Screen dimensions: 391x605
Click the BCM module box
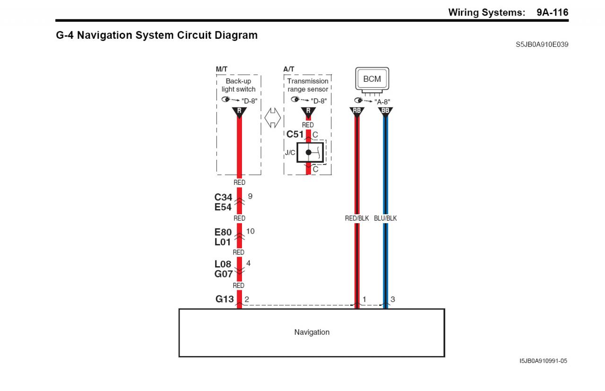pyautogui.click(x=372, y=79)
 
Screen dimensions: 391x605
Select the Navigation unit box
pyautogui.click(x=311, y=332)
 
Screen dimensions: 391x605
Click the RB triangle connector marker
pyautogui.click(x=357, y=112)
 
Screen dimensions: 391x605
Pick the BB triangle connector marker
pyautogui.click(x=385, y=112)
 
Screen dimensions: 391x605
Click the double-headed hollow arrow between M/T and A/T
pyautogui.click(x=272, y=118)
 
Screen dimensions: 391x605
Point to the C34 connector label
pyautogui.click(x=223, y=197)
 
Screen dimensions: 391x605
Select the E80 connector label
pyautogui.click(x=223, y=232)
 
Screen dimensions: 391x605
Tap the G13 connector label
pyautogui.click(x=225, y=299)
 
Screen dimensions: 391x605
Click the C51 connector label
pyautogui.click(x=295, y=134)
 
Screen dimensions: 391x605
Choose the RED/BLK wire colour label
pyautogui.click(x=357, y=218)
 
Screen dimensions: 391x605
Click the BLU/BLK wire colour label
pyautogui.click(x=385, y=218)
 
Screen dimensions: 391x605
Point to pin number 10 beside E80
pyautogui.click(x=250, y=231)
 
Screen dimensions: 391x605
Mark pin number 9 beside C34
pyautogui.click(x=250, y=196)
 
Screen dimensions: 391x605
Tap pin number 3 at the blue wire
pyautogui.click(x=393, y=299)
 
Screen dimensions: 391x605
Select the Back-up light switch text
pyautogui.click(x=239, y=85)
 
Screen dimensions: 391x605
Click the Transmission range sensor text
pyautogui.click(x=308, y=85)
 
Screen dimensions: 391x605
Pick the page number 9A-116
pyautogui.click(x=552, y=12)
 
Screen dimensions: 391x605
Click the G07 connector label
pyautogui.click(x=223, y=274)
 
